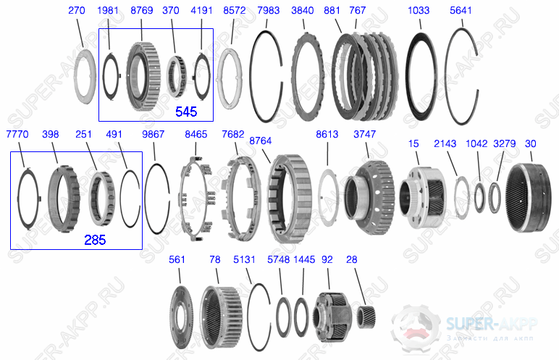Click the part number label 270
point(77,10)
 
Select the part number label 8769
point(140,10)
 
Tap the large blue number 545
point(187,112)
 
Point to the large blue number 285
point(95,240)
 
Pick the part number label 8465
point(196,135)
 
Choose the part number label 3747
point(365,135)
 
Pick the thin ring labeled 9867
point(156,198)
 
